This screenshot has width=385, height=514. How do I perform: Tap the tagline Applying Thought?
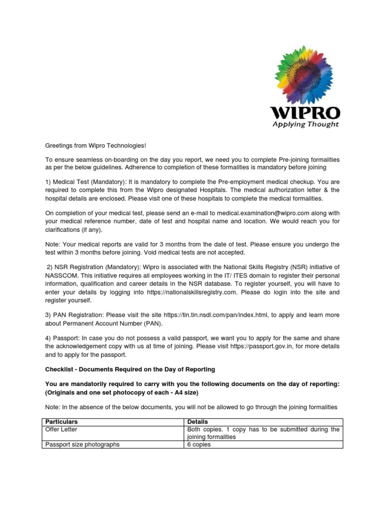(x=305, y=124)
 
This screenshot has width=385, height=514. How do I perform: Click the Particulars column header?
(x=62, y=422)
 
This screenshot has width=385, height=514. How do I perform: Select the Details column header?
(x=197, y=422)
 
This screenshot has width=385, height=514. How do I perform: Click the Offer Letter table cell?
(x=62, y=429)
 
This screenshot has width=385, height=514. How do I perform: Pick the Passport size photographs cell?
(x=83, y=444)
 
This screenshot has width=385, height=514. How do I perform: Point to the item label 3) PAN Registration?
(x=75, y=315)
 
